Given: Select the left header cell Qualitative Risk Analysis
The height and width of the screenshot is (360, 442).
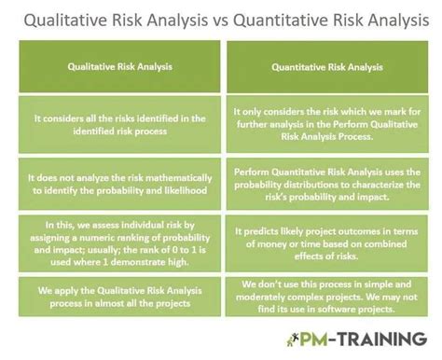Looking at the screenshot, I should (116, 66).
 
